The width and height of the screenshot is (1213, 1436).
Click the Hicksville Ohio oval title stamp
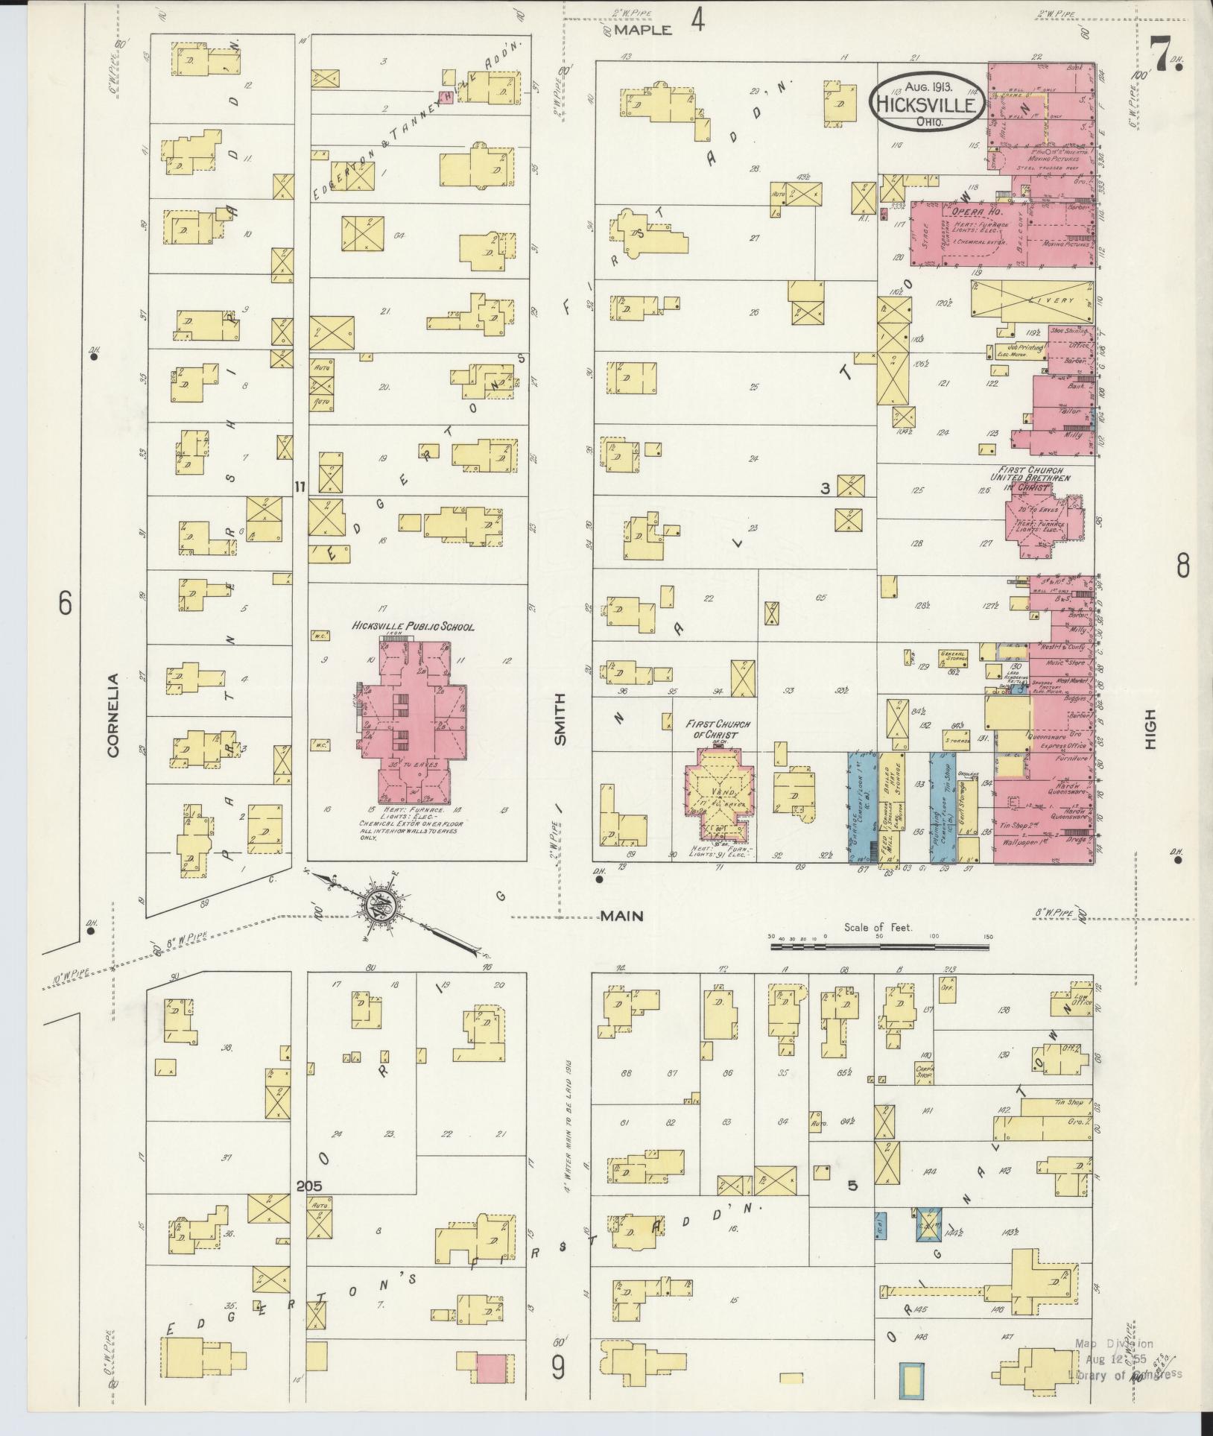pos(925,103)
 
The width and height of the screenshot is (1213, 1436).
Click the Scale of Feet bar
pos(879,947)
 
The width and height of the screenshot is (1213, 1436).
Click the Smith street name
pos(560,719)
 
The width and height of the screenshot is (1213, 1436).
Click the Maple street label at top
pos(644,31)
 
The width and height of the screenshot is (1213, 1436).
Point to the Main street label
pos(622,916)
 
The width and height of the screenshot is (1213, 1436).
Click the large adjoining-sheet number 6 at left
pos(65,603)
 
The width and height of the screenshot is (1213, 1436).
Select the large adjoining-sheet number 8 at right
pos(1182,567)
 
